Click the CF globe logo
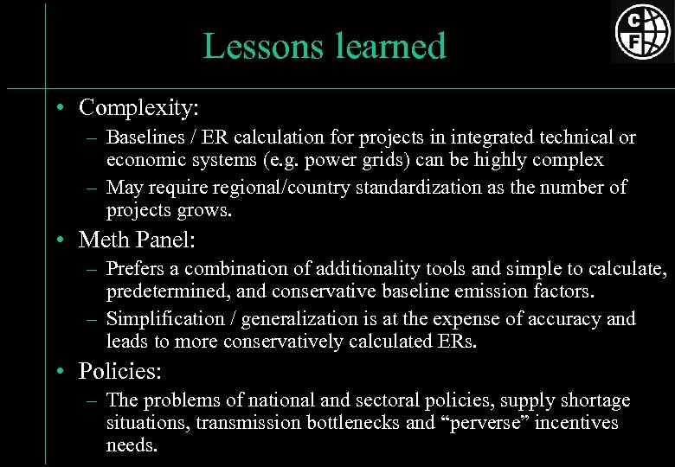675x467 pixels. coord(643,31)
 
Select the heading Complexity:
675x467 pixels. coord(138,108)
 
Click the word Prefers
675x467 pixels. coord(136,269)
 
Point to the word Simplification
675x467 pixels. coord(164,318)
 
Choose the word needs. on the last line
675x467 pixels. coord(132,445)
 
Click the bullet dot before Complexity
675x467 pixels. coord(57,109)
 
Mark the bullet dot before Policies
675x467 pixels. coord(57,372)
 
